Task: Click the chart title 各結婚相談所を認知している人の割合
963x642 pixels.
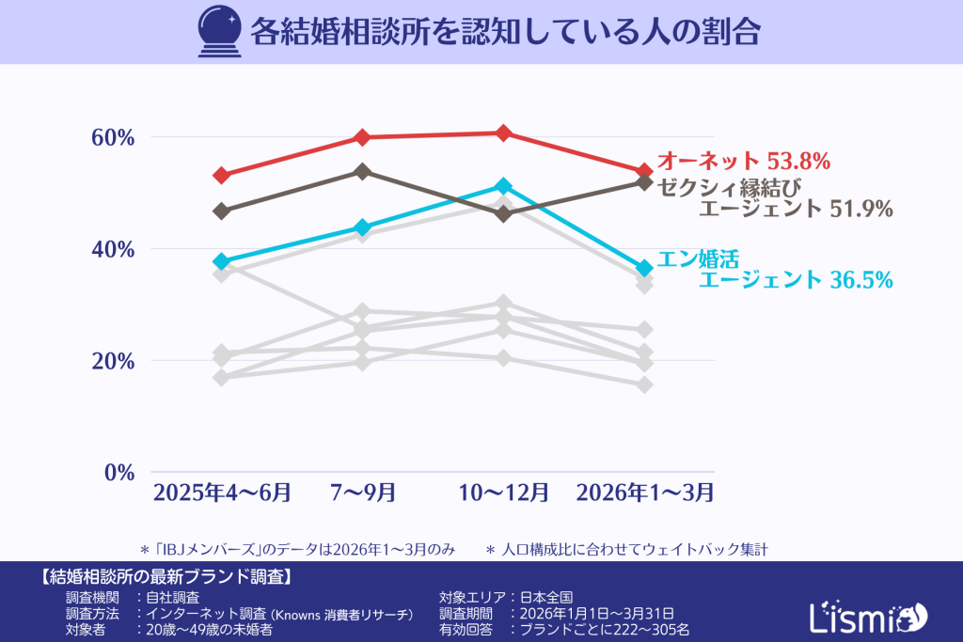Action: [504, 32]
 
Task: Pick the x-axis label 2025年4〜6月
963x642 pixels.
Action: [222, 492]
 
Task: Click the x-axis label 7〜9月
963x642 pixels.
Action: [363, 492]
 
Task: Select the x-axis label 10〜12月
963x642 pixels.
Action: [503, 492]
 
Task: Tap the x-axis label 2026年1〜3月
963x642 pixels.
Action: [644, 492]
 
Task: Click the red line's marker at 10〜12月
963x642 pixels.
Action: [503, 133]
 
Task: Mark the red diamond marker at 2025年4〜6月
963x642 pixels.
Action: [222, 175]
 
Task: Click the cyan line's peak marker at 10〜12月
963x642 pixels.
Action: [503, 186]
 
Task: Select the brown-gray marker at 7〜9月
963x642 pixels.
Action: [363, 171]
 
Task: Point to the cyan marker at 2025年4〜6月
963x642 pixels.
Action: [222, 260]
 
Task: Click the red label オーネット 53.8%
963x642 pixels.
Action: [743, 161]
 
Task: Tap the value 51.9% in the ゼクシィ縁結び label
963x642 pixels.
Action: [860, 209]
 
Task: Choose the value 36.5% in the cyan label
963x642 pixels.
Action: [860, 279]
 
